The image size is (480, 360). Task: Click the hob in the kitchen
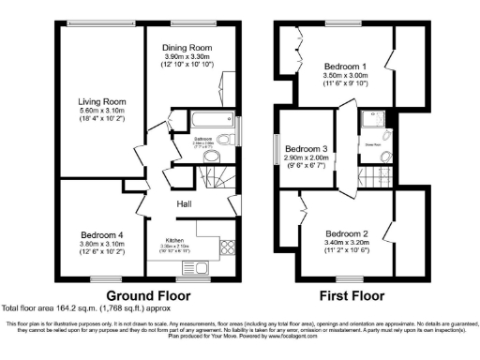click(x=225, y=247)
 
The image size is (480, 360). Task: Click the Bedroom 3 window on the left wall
click(x=276, y=149)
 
